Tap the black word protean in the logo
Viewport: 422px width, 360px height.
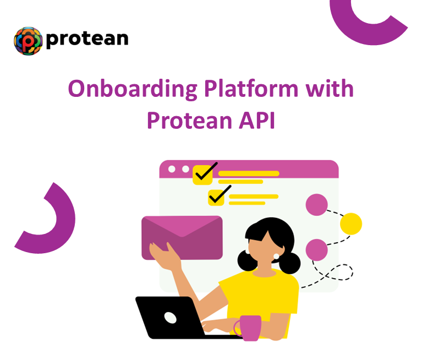[x=87, y=39]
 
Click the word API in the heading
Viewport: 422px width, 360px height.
[x=256, y=120]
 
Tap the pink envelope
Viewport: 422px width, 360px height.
[x=182, y=237]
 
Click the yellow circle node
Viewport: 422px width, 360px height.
[x=350, y=223]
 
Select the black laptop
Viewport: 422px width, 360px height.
[x=165, y=317]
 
